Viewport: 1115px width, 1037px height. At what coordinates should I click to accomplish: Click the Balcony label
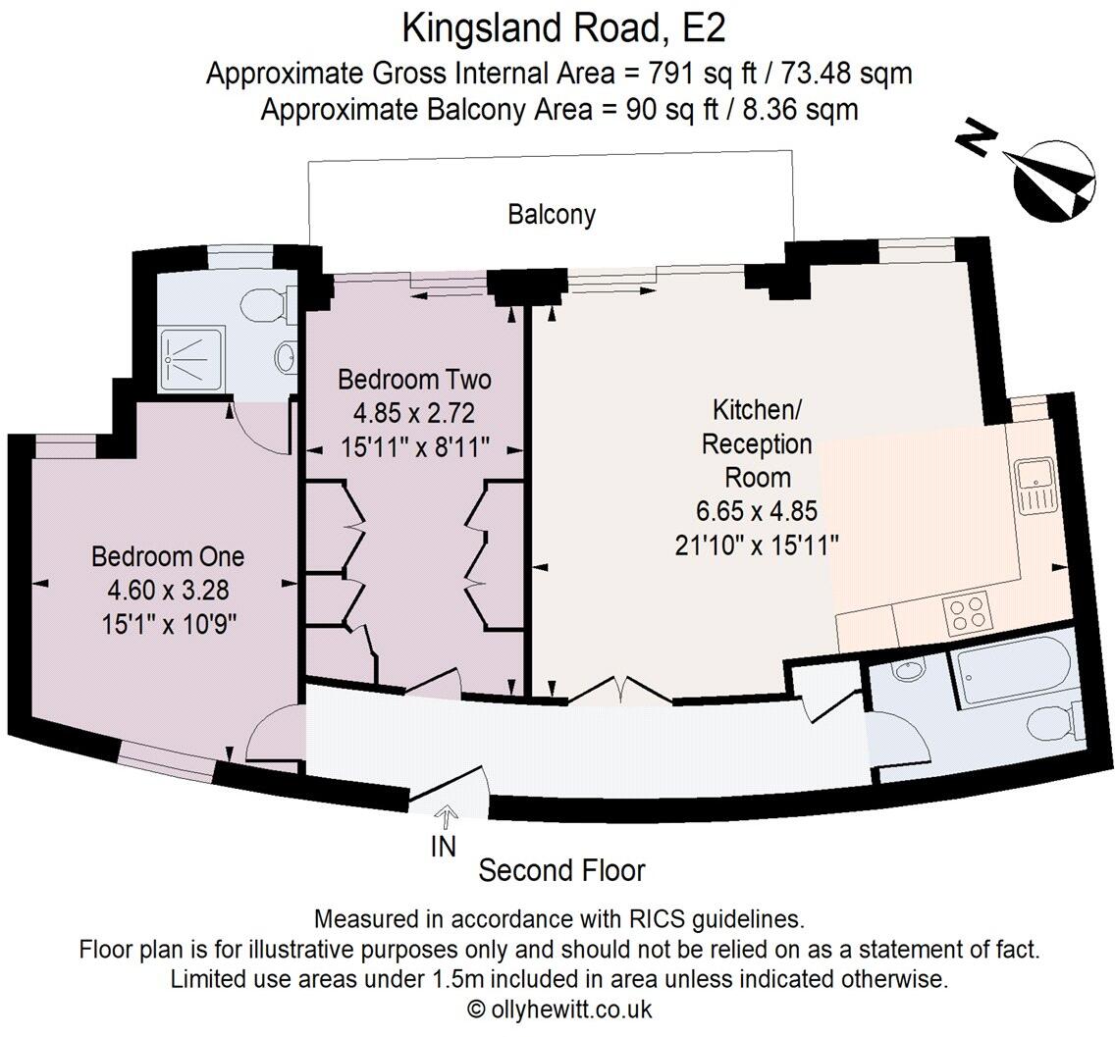tap(551, 214)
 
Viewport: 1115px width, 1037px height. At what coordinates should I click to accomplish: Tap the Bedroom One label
tap(167, 556)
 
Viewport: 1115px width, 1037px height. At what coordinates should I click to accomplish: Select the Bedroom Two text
tap(413, 379)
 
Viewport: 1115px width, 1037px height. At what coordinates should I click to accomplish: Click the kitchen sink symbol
tap(1034, 486)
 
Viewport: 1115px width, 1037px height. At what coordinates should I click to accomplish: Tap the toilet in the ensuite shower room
tap(267, 305)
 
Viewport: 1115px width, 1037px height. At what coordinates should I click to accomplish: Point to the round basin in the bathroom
tap(907, 673)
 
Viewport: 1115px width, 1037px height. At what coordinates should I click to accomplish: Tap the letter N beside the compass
tap(973, 140)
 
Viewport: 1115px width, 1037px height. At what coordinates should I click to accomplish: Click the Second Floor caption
tap(561, 870)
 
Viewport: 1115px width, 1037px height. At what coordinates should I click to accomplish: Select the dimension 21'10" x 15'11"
tap(756, 544)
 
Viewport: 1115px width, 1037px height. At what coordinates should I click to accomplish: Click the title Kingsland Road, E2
tap(563, 28)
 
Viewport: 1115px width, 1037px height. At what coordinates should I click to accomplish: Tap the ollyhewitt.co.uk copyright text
tap(558, 1008)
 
